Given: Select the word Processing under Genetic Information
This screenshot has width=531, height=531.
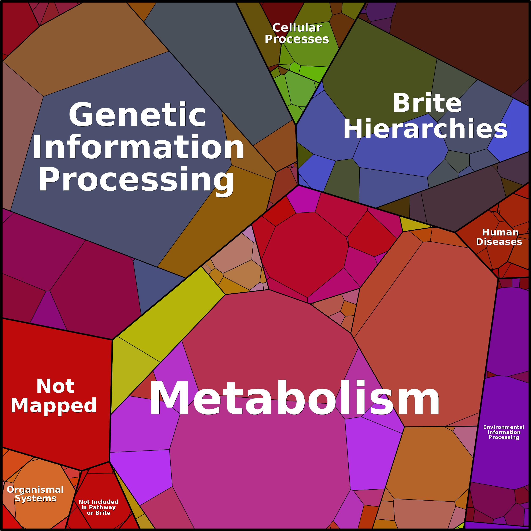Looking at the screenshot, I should (x=136, y=179).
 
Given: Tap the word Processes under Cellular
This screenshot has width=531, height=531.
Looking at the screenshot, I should (x=297, y=39).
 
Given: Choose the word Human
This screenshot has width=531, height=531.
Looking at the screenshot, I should (x=501, y=232).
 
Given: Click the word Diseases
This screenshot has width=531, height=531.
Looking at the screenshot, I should (x=499, y=242).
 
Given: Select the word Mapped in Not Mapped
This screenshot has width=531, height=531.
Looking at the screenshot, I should (x=54, y=406).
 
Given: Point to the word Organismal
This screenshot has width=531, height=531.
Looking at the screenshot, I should (x=35, y=490).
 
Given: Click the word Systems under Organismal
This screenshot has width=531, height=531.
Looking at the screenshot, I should (x=36, y=498).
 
